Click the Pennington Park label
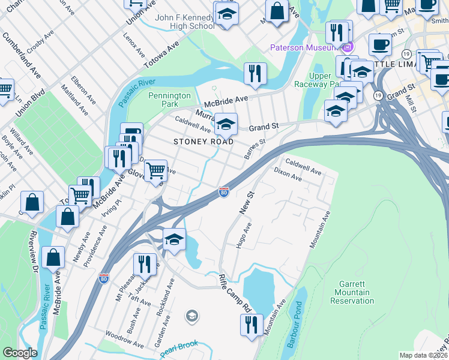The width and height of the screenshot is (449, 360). click(169, 100)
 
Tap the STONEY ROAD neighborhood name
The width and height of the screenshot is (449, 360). click(202, 142)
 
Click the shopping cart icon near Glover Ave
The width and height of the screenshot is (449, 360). click(156, 170)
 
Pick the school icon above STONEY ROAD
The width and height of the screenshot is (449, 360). click(226, 124)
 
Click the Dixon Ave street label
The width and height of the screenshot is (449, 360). click(288, 175)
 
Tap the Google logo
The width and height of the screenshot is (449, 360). click(20, 353)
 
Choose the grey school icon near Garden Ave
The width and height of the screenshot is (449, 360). click(191, 316)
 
